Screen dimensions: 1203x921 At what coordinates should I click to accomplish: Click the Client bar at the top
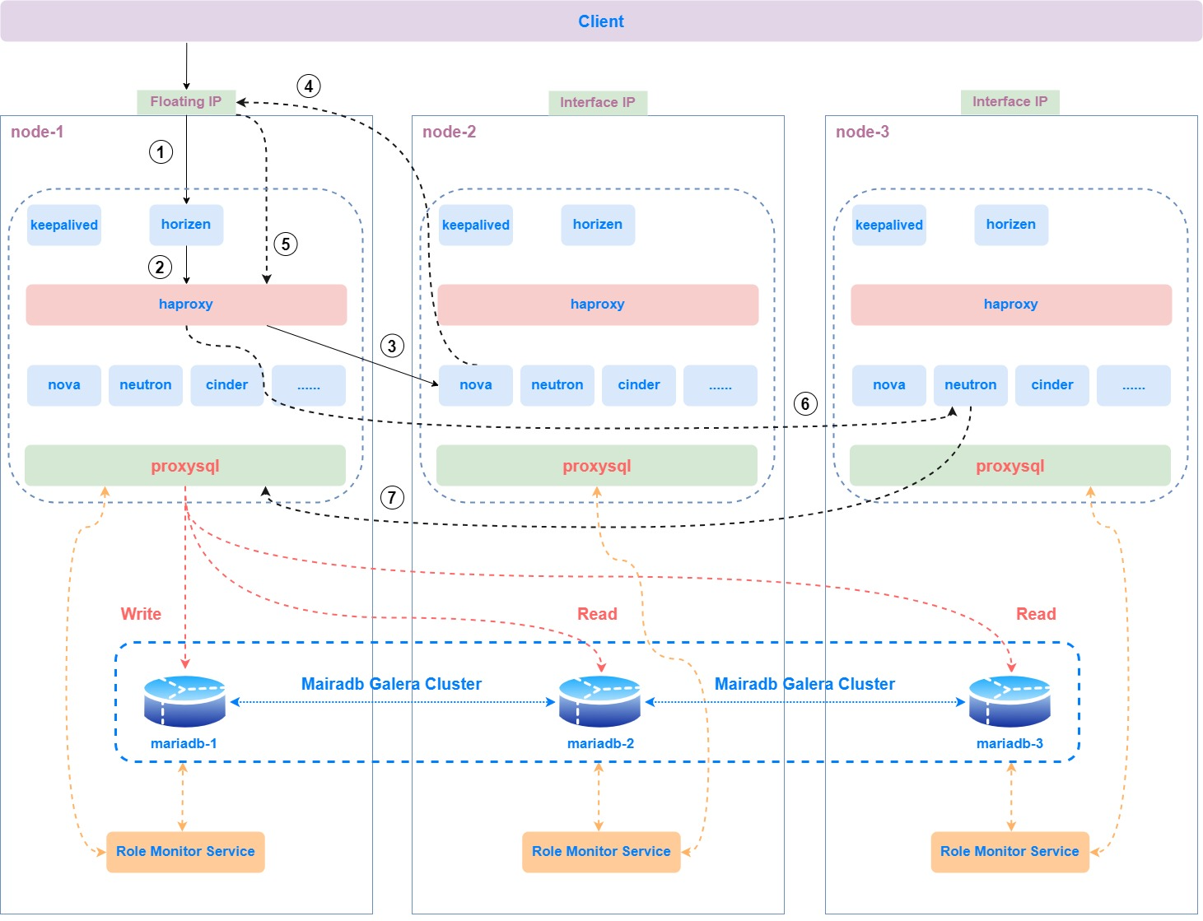[x=601, y=21]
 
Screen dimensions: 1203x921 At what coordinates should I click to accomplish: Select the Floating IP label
[x=186, y=102]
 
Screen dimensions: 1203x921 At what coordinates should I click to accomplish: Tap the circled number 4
[x=308, y=86]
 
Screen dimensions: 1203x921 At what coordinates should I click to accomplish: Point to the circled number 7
[x=392, y=497]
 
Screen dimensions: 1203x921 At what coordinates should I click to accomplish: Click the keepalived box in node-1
[x=64, y=226]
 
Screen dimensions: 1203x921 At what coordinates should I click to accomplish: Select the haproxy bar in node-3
[x=1011, y=305]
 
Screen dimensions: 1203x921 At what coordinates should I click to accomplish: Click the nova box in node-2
[x=476, y=385]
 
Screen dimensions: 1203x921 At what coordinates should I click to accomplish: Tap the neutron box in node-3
[x=971, y=385]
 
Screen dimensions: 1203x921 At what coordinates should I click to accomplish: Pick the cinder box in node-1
[x=227, y=385]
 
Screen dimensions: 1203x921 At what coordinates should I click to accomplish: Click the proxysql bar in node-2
[x=597, y=466]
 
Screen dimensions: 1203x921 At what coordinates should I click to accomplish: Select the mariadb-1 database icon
[x=184, y=701]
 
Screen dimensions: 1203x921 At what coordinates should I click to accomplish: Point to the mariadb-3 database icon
[x=1009, y=701]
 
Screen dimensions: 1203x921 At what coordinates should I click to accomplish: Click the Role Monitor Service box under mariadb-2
[x=601, y=852]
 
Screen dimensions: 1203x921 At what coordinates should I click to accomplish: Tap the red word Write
[x=141, y=614]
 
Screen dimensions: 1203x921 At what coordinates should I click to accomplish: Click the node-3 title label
[x=862, y=132]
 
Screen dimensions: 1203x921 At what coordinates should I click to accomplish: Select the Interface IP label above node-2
[x=598, y=103]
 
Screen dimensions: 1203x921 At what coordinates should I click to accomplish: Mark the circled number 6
[x=805, y=404]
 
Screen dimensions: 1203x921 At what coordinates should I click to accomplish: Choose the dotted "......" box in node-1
[x=308, y=385]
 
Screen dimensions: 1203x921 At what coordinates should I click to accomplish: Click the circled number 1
[x=161, y=152]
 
